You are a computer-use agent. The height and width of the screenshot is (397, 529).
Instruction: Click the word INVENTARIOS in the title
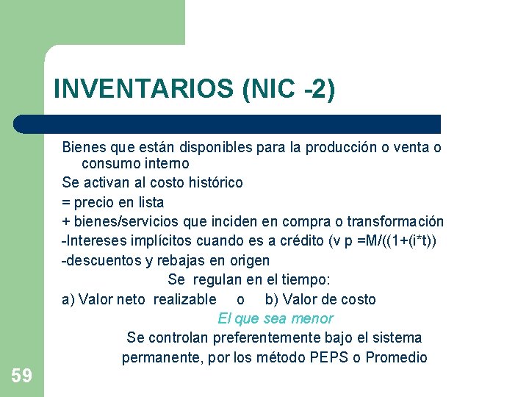pos(143,90)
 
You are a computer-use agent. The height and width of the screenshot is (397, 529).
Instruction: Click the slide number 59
pos(21,376)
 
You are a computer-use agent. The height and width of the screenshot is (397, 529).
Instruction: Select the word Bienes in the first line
pos(83,147)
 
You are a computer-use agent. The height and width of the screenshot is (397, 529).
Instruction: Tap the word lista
pos(147,201)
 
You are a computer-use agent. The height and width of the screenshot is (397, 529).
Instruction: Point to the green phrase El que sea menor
pos(276,318)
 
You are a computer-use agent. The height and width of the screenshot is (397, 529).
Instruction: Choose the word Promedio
pos(396,358)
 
